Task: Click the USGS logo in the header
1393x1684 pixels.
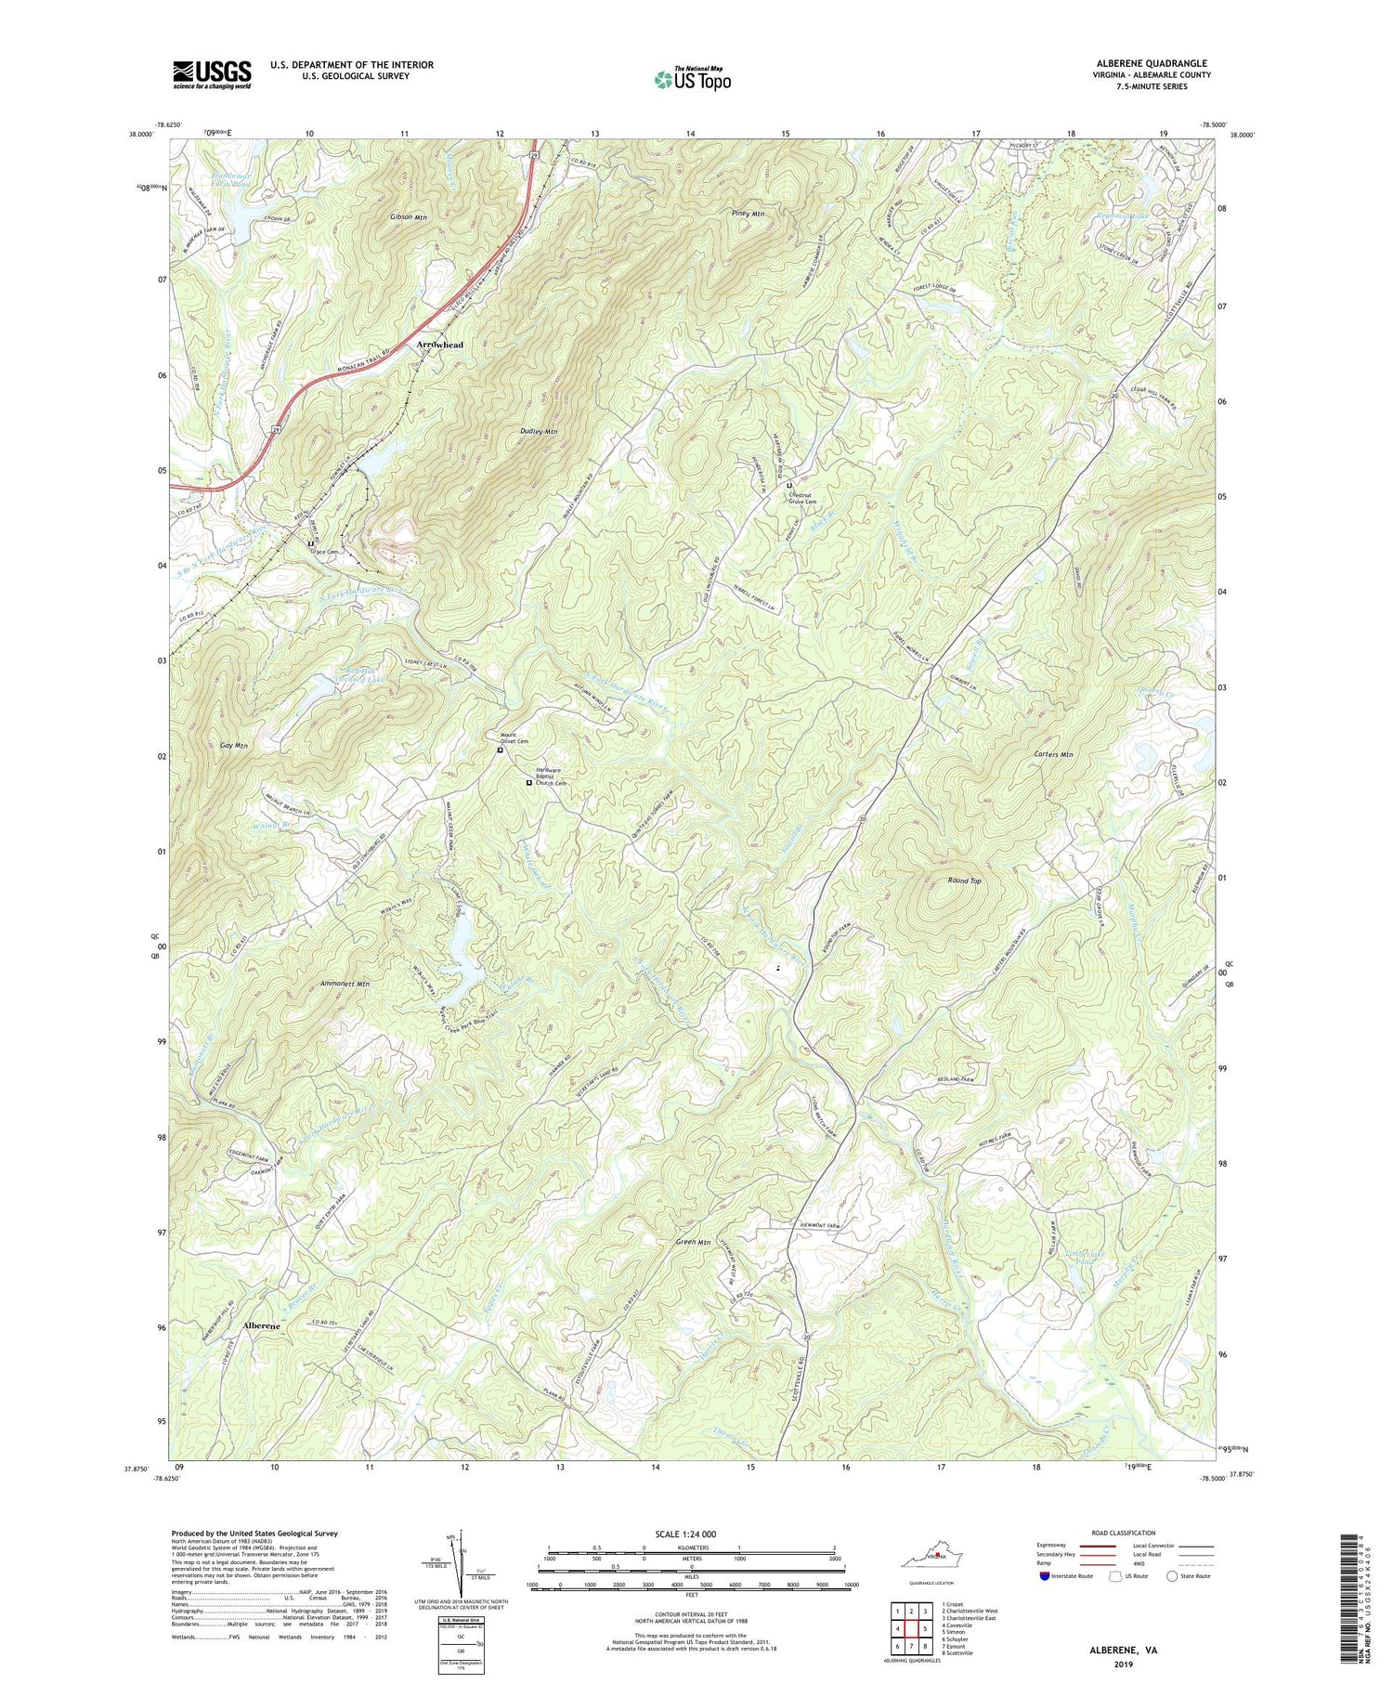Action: [x=212, y=73]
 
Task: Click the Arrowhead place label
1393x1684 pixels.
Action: [x=439, y=345]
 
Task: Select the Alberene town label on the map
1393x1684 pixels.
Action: [x=261, y=1325]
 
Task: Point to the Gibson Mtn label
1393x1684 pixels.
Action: [x=409, y=217]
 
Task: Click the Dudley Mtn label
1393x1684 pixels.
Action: [x=539, y=432]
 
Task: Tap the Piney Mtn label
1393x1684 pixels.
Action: [x=748, y=215]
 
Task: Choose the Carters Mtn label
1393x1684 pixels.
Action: [x=1053, y=755]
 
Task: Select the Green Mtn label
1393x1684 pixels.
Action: [x=693, y=1242]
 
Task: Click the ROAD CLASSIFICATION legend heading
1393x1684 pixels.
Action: [x=1124, y=1533]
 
